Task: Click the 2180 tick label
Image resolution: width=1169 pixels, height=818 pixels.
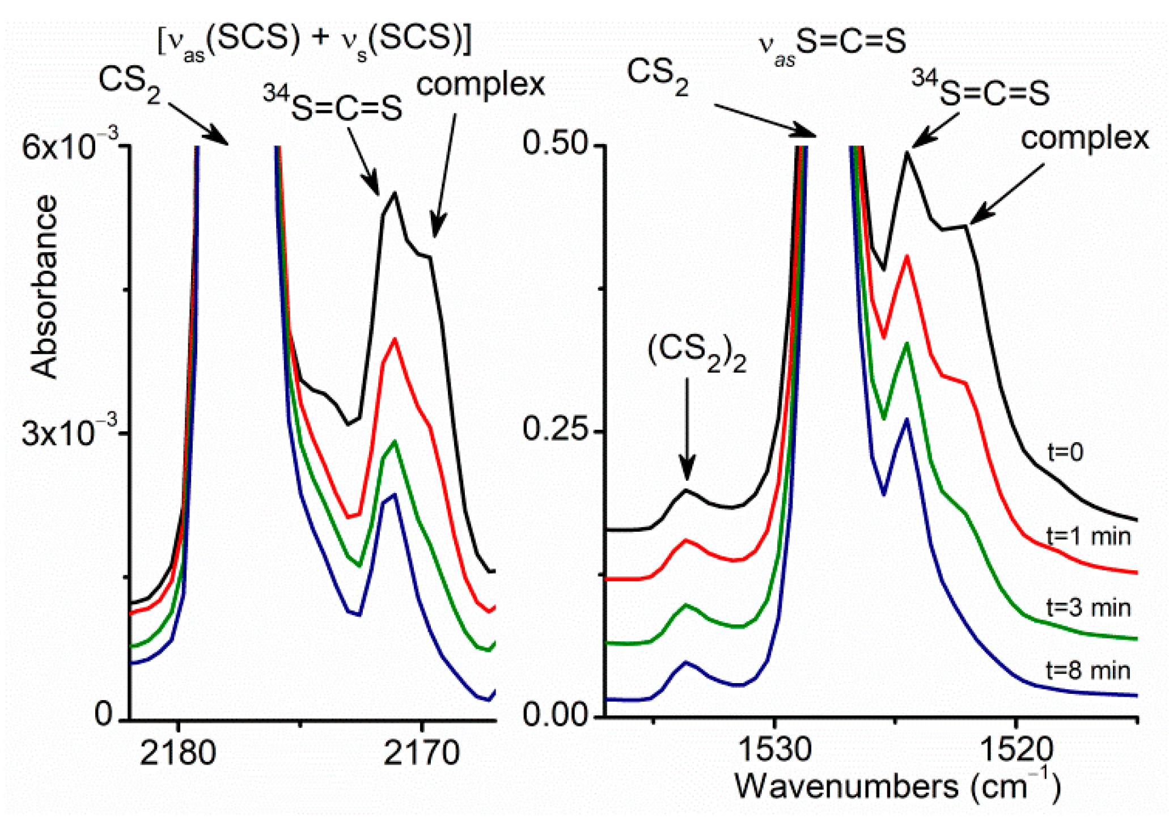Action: (x=177, y=753)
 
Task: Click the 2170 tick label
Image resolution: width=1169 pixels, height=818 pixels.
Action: (x=421, y=753)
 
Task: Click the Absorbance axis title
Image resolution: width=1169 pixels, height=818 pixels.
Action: (x=44, y=286)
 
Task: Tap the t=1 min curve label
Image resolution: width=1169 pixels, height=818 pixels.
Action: (x=1088, y=536)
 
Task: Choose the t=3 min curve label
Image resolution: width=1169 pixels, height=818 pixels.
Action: (x=1088, y=607)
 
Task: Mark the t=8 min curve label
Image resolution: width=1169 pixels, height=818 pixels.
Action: (x=1088, y=670)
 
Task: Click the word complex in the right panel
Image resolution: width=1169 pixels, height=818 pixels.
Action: (x=1085, y=138)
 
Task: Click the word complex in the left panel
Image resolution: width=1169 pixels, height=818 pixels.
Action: (x=480, y=85)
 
